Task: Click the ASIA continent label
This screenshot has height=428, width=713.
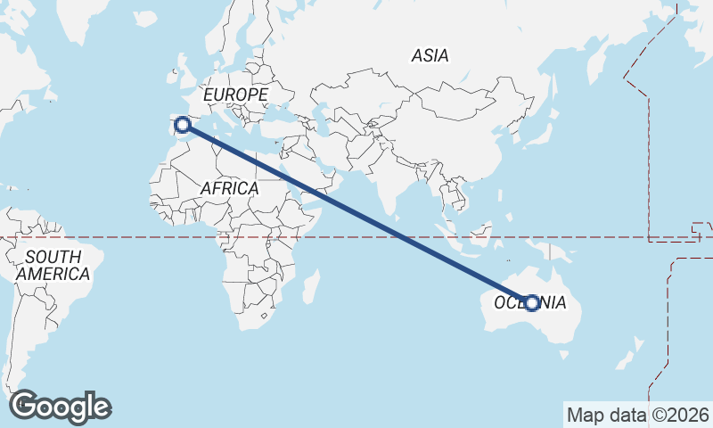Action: coord(430,55)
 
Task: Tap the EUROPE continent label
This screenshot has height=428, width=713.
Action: coord(235,95)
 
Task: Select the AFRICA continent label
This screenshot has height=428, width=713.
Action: coord(229,188)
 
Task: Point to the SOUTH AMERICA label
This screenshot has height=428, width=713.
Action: coord(53,265)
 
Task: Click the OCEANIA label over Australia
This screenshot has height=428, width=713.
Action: coord(529,302)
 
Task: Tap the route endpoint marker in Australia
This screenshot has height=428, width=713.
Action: coord(532,303)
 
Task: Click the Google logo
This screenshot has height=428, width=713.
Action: coord(60,407)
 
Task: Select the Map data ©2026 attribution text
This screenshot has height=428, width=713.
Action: coord(638,415)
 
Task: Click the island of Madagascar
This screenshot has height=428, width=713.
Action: coord(311,287)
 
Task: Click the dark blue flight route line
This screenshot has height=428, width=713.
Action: coord(356,214)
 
